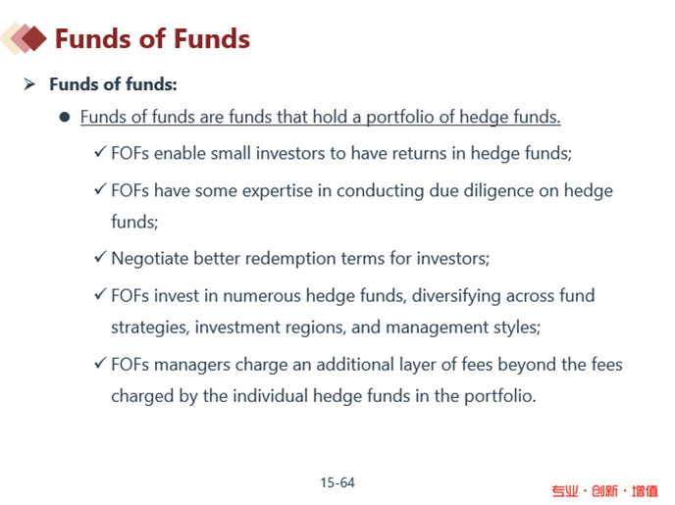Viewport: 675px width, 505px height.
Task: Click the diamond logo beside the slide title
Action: point(24,38)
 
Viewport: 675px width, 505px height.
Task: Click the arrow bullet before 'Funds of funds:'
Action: point(29,84)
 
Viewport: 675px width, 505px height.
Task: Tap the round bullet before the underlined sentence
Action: point(65,117)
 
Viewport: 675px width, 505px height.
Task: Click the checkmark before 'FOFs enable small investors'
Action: point(100,151)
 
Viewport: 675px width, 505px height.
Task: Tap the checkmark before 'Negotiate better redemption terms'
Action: point(100,257)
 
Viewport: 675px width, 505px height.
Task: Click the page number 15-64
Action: point(337,482)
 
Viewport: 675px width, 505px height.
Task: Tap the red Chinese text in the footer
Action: point(604,491)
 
